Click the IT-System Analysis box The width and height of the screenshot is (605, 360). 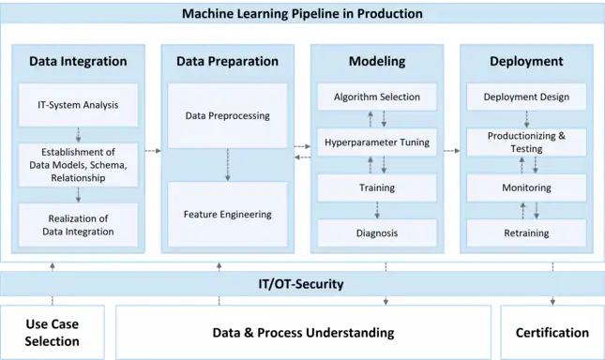click(x=79, y=105)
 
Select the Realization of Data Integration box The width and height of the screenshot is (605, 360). click(x=79, y=225)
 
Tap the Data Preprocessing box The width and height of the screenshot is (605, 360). click(x=228, y=115)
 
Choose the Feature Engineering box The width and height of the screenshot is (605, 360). click(x=228, y=215)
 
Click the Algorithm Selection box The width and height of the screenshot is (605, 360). click(x=377, y=97)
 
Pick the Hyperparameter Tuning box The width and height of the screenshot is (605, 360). click(x=377, y=142)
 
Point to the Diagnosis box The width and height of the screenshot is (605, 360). click(x=377, y=232)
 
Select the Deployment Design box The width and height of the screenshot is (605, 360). click(x=526, y=97)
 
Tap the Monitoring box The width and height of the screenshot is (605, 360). click(x=526, y=187)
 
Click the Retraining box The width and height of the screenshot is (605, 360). click(x=526, y=232)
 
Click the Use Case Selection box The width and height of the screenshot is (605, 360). click(x=53, y=332)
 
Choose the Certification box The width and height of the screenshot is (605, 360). click(x=552, y=332)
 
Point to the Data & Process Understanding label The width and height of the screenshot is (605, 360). click(x=303, y=333)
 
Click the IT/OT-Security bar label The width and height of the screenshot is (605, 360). click(x=301, y=284)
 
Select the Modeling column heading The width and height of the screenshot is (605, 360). click(x=377, y=61)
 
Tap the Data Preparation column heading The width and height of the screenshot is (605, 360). click(x=228, y=61)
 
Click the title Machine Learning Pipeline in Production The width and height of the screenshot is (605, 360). click(x=302, y=13)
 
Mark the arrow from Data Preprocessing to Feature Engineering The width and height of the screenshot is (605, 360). click(x=228, y=165)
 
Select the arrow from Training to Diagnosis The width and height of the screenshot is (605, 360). click(x=377, y=210)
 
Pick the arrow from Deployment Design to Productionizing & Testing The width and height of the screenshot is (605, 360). click(x=526, y=119)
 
